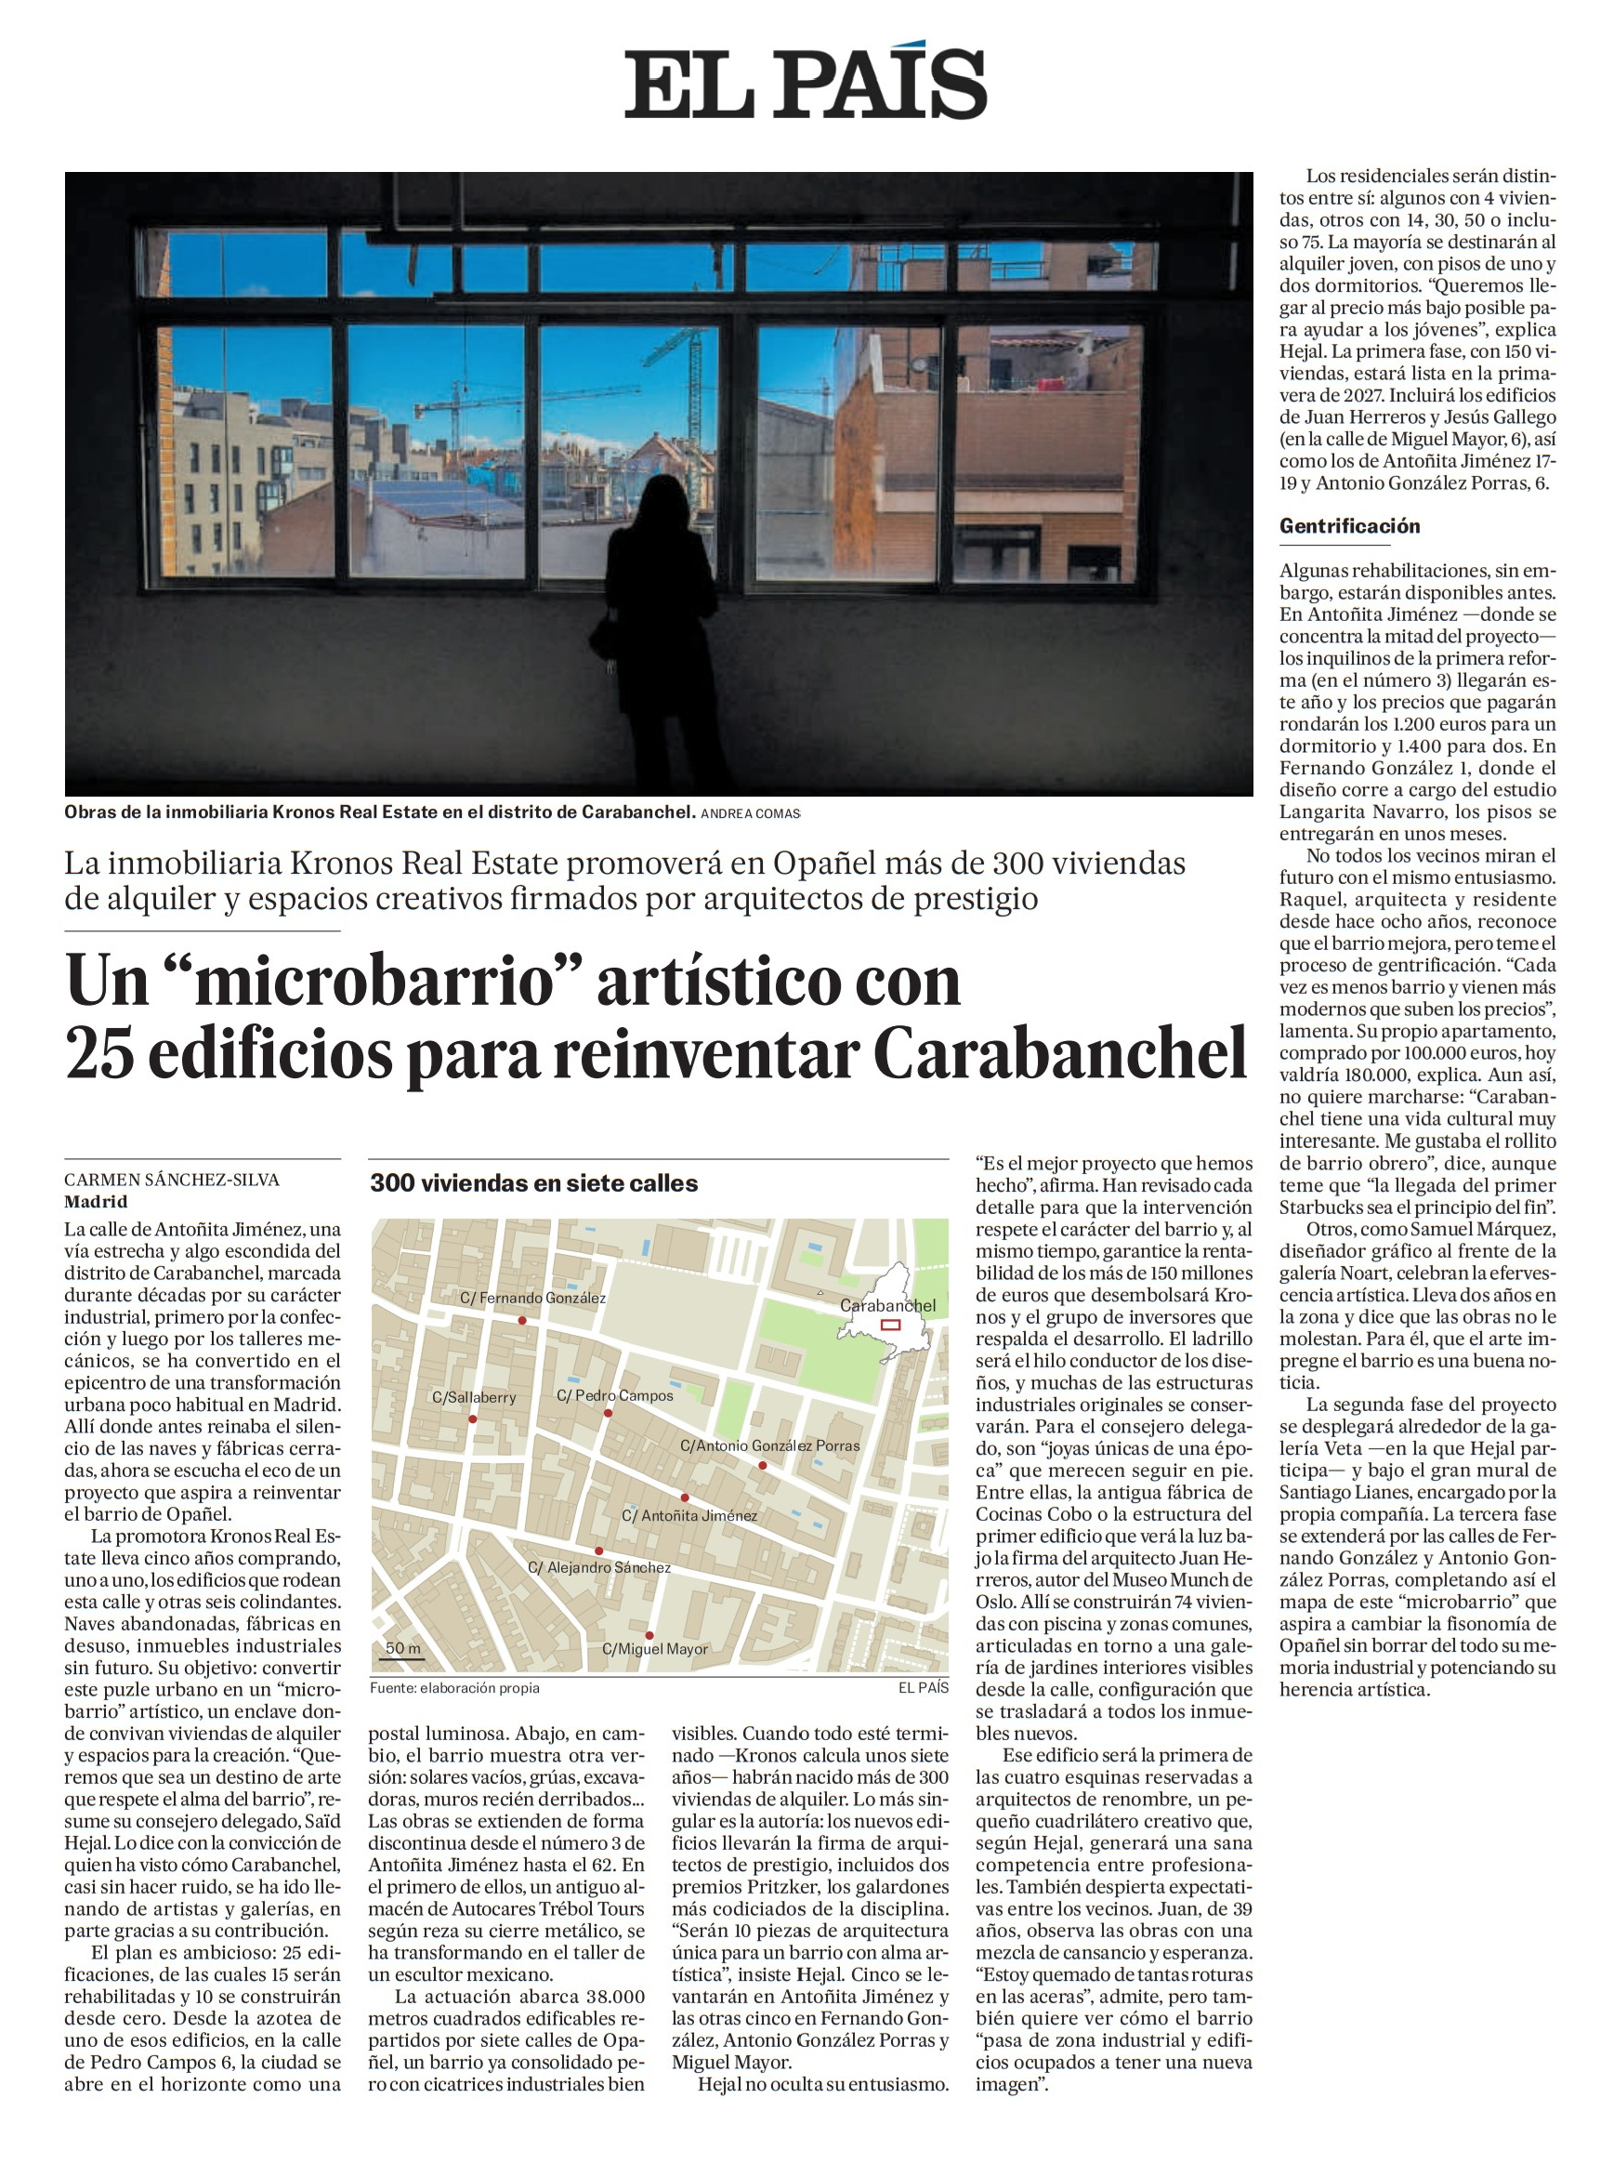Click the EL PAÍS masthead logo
pyautogui.click(x=806, y=83)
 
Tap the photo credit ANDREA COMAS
pyautogui.click(x=750, y=812)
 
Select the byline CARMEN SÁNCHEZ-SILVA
pyautogui.click(x=172, y=1180)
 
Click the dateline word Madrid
pyautogui.click(x=96, y=1202)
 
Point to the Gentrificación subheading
pyautogui.click(x=1349, y=526)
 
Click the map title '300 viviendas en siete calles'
pyautogui.click(x=533, y=1183)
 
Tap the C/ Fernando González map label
pyautogui.click(x=533, y=1299)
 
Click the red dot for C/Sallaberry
pyautogui.click(x=473, y=1418)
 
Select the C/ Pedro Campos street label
pyautogui.click(x=615, y=1395)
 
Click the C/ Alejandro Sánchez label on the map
pyautogui.click(x=599, y=1567)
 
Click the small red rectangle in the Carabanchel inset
pyautogui.click(x=889, y=1326)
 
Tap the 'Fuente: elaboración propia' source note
pyautogui.click(x=454, y=1687)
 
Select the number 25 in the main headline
pyautogui.click(x=99, y=1055)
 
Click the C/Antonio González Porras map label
pyautogui.click(x=770, y=1445)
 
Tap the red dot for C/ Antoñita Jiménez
pyautogui.click(x=685, y=1497)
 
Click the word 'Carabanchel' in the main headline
pyautogui.click(x=1060, y=1055)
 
